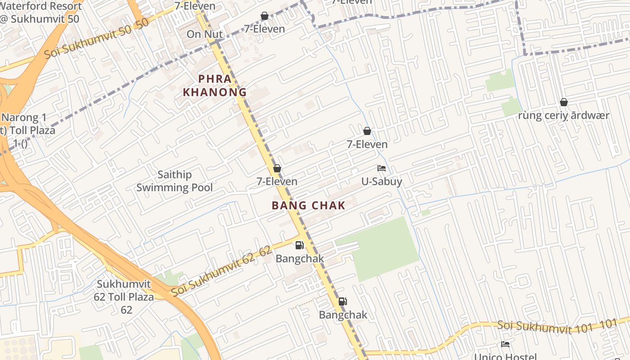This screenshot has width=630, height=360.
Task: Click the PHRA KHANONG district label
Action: coord(215,85)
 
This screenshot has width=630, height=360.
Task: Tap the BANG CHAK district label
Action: coord(308,206)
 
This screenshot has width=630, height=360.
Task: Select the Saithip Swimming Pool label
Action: coord(175,181)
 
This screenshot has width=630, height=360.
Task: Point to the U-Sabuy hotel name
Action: coord(382,181)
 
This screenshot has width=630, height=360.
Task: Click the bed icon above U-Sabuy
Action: coord(382,168)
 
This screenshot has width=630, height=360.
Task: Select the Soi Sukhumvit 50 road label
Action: coord(96,40)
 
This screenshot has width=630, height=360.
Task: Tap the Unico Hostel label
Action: coord(505,356)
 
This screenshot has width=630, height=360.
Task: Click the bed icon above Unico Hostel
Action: coord(505,344)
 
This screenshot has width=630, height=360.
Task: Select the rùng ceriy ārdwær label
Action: coord(563,116)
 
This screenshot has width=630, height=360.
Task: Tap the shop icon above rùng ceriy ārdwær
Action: coord(563,103)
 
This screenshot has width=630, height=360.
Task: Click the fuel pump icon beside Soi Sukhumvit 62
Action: coord(299,245)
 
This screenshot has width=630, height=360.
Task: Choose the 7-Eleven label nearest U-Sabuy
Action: coord(367,144)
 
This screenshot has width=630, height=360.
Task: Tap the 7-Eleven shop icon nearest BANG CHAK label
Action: coord(277,168)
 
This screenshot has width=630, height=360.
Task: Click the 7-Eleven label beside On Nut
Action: coord(264,29)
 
